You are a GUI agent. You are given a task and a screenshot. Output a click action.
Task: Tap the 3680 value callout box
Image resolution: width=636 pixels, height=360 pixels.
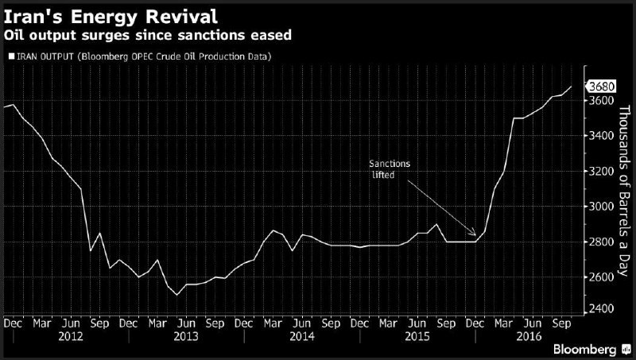click(601, 86)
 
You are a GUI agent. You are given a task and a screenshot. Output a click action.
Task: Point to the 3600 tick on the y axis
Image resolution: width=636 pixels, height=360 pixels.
click(601, 102)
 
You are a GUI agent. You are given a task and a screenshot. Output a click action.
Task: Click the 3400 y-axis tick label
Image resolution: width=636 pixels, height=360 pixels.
click(601, 137)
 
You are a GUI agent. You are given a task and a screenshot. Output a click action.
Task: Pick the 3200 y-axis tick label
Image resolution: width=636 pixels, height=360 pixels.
click(601, 172)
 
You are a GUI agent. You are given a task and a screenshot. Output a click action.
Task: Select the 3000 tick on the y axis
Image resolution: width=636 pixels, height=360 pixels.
click(601, 207)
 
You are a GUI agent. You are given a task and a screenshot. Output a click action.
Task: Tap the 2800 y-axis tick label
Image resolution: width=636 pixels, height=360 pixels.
click(601, 242)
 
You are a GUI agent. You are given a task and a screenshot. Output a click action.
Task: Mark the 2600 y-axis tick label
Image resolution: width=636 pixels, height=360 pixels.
click(601, 277)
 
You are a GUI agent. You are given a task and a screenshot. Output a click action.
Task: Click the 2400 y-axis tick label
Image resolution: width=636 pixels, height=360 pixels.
click(601, 309)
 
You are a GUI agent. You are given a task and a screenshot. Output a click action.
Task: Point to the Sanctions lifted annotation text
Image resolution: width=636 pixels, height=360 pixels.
click(390, 168)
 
